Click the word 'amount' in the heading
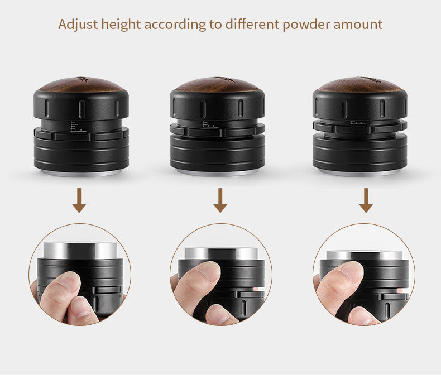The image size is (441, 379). click(358, 25)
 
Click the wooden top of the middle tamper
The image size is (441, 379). click(217, 84)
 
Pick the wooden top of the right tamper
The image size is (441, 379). click(360, 84)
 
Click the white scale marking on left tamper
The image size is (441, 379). click(77, 126)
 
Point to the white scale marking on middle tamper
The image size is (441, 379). click(210, 124)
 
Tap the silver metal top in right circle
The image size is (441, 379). click(363, 256)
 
